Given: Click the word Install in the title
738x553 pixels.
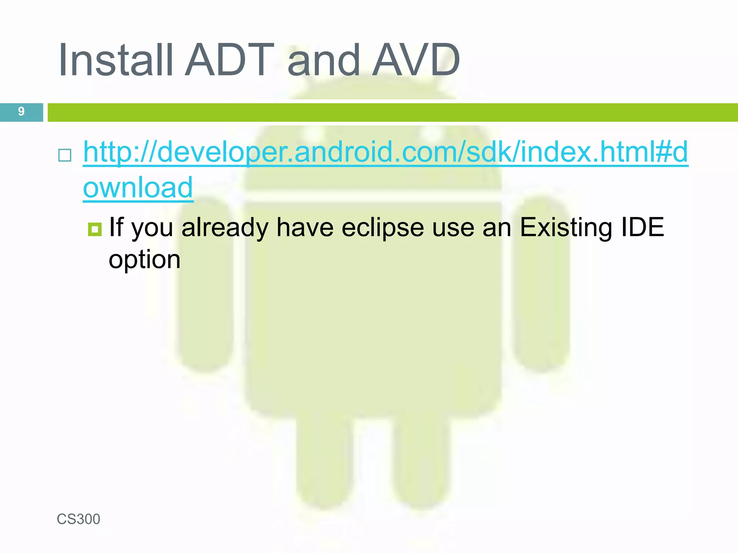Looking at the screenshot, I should pos(115,60).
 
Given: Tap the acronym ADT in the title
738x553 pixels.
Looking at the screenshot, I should pos(230,60).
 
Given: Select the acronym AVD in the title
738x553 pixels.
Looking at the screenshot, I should pos(416,60).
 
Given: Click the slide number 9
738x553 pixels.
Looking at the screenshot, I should pos(21,112).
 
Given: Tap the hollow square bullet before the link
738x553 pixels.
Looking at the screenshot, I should pos(65,155).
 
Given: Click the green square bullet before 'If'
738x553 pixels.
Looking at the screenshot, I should pos(95,229).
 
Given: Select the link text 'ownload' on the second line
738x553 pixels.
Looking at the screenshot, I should pos(138,188).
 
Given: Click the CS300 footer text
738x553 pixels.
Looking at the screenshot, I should pos(78,519).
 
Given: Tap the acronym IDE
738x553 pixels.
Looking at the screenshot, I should pos(642,228).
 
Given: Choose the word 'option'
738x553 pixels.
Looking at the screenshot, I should pos(145,260).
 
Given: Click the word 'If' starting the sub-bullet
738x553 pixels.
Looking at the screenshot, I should pos(116,228).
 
